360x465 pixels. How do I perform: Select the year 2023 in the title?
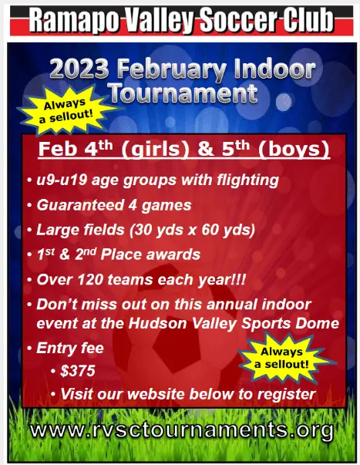(x=79, y=69)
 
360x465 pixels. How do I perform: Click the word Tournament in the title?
(x=183, y=93)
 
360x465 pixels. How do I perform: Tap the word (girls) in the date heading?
(x=156, y=149)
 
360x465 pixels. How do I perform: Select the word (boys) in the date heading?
(x=294, y=149)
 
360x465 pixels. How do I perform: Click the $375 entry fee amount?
(x=78, y=371)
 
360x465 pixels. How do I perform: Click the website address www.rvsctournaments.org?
(x=182, y=430)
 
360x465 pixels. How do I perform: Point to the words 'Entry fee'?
(x=70, y=348)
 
